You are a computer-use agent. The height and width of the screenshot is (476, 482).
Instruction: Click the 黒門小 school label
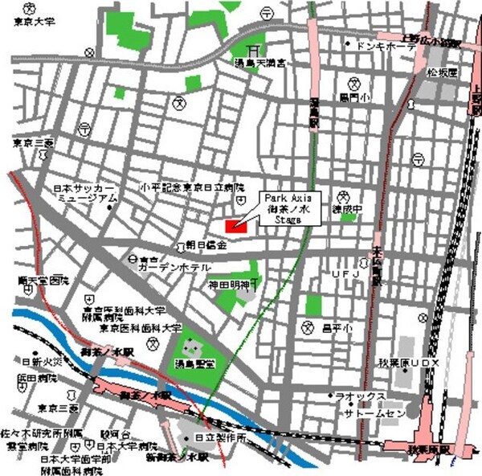click(x=353, y=98)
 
